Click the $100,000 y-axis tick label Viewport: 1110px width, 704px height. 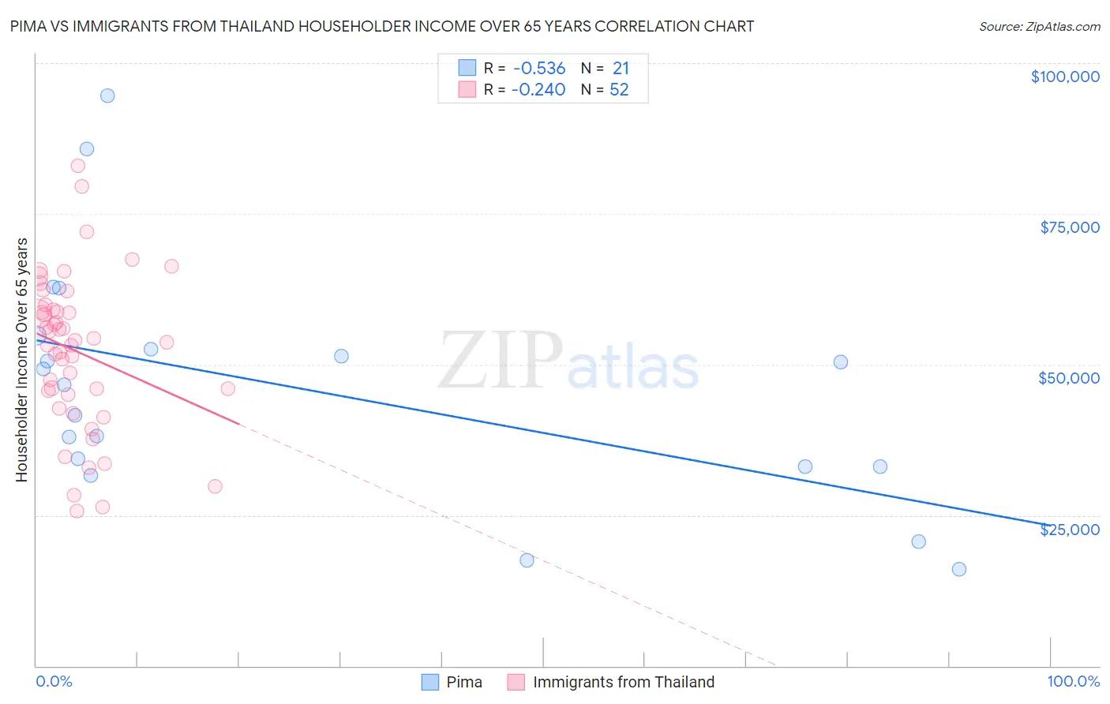[1065, 77]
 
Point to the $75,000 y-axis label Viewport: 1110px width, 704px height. [1070, 227]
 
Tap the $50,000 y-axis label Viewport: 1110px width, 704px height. [1069, 378]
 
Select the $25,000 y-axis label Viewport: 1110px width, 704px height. [1070, 530]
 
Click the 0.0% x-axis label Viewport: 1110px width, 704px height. [54, 681]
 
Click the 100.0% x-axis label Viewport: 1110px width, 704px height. [1074, 681]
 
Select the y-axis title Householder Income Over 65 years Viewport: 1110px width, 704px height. [22, 359]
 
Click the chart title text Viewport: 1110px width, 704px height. [382, 26]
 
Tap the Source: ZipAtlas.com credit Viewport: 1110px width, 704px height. [1039, 26]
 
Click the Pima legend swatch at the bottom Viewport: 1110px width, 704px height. [429, 682]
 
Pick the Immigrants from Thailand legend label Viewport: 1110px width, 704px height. [624, 682]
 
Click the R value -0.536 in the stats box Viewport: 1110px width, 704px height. [538, 69]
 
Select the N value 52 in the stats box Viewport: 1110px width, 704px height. [619, 90]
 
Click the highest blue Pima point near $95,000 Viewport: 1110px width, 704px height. [107, 95]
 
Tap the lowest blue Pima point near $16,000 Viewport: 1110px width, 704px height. [959, 569]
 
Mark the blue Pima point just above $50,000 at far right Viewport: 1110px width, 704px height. [841, 362]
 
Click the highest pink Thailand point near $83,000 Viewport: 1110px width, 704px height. [77, 166]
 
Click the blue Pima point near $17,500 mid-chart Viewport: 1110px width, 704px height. [527, 560]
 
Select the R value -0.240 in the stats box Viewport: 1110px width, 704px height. [538, 90]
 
